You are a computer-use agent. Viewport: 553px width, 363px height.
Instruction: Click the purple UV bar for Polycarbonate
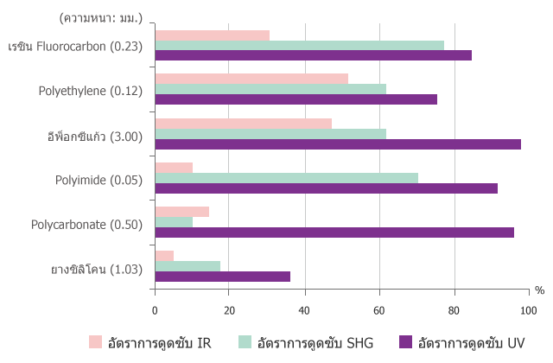point(334,232)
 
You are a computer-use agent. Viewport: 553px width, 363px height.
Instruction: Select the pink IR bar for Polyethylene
point(251,79)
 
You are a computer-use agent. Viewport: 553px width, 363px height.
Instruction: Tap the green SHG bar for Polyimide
point(286,178)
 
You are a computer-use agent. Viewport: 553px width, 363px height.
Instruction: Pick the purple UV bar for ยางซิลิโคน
point(222,277)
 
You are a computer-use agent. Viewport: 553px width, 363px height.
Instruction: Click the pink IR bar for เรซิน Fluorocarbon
point(212,35)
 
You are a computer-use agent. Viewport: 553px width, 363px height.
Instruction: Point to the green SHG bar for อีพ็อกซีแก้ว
point(270,134)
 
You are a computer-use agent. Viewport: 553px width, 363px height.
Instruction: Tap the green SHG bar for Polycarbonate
point(174,222)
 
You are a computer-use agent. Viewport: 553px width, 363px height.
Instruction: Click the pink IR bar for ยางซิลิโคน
point(164,256)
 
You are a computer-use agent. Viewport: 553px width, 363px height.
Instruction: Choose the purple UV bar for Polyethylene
point(296,99)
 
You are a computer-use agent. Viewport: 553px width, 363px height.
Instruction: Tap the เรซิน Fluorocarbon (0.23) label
point(75,46)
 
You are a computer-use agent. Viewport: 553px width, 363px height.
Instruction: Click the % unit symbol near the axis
point(540,290)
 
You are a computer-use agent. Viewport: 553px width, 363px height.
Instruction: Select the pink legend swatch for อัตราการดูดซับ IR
point(96,342)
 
